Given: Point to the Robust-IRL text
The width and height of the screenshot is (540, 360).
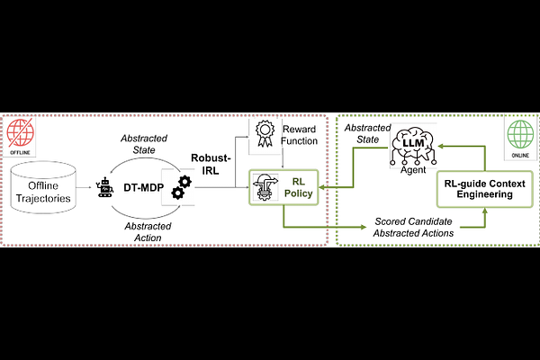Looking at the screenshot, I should click(x=212, y=168).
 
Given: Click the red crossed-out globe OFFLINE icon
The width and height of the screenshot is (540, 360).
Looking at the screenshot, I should click(x=20, y=134).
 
